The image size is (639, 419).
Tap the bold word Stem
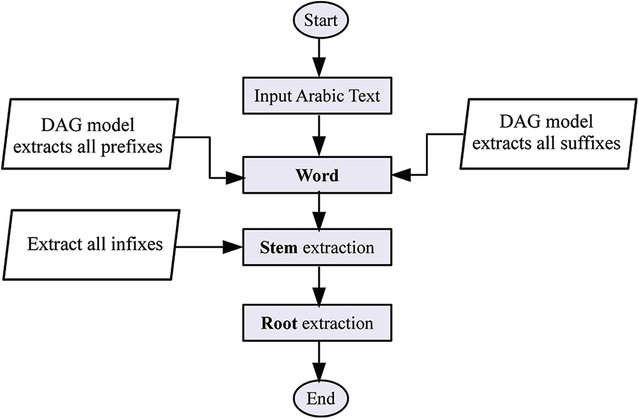click(279, 248)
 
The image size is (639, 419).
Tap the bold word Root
click(279, 324)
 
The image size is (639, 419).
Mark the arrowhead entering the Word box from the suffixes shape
click(402, 175)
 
